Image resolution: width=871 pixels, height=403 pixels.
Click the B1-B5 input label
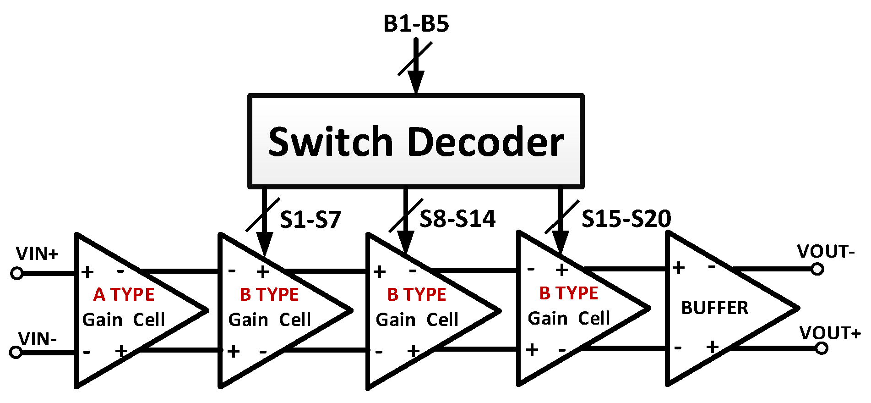point(416,24)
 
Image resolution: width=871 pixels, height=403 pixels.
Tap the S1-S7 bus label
point(310,220)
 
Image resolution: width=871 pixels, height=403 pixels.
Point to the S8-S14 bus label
point(457,219)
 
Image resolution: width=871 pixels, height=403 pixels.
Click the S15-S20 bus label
point(626,219)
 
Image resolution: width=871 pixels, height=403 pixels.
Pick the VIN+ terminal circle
point(17,273)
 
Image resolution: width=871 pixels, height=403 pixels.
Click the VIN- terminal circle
point(16,352)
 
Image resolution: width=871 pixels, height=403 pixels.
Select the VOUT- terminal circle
point(817,269)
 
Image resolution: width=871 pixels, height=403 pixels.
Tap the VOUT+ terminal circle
point(822,348)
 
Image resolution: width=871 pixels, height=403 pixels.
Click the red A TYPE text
point(124,294)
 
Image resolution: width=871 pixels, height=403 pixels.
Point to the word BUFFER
point(714,308)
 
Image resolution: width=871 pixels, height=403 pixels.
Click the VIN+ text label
point(37,254)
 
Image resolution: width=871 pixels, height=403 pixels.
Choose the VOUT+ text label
point(830,333)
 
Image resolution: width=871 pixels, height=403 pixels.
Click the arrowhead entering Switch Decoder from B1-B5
point(416,83)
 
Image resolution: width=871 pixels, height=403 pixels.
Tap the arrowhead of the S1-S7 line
point(265,243)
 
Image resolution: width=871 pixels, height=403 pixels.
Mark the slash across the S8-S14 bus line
point(406,215)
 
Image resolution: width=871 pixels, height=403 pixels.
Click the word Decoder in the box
point(485,142)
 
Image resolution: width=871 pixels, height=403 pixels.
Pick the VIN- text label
point(38,339)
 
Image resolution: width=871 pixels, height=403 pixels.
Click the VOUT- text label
point(826,251)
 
